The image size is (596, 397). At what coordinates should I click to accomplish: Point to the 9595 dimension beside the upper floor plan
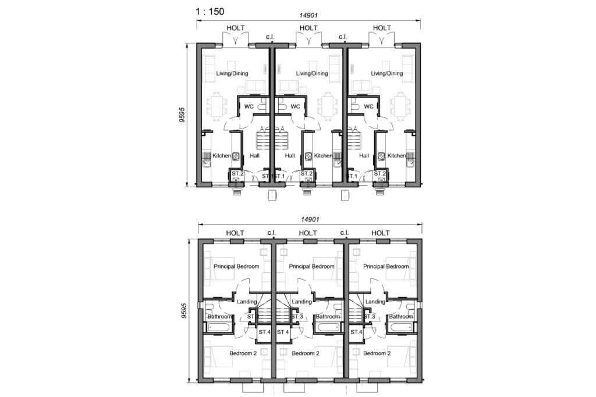182,313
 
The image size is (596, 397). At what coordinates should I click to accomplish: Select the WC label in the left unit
249,106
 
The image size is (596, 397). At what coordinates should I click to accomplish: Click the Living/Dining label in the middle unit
312,74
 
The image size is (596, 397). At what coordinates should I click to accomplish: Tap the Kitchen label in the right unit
396,156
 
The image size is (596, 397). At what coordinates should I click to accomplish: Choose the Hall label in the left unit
254,156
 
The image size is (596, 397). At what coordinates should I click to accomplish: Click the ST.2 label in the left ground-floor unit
237,173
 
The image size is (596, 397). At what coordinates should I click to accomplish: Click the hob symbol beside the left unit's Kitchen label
236,156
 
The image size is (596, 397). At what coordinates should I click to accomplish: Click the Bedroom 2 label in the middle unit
306,353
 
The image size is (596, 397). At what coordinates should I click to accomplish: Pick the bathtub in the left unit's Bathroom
218,327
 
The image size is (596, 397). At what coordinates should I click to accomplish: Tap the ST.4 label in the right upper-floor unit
357,332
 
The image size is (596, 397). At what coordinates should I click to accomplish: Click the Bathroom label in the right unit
401,317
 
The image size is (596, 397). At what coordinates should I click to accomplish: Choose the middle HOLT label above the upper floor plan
307,233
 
